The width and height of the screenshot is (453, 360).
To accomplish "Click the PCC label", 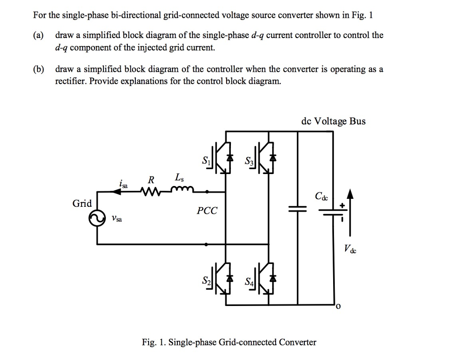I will click(207, 211).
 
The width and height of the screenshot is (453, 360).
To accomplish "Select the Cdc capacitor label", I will click(322, 196).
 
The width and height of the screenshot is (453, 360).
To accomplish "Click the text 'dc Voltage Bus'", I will click(333, 121).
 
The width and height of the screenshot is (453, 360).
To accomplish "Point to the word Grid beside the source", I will click(82, 204).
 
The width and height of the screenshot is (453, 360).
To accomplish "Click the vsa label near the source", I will click(117, 218).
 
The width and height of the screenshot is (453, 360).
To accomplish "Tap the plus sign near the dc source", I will click(342, 206).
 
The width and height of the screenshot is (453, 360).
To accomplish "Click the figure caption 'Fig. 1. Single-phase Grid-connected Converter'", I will click(229, 342).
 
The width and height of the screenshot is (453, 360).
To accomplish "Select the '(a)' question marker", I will click(38, 35).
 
